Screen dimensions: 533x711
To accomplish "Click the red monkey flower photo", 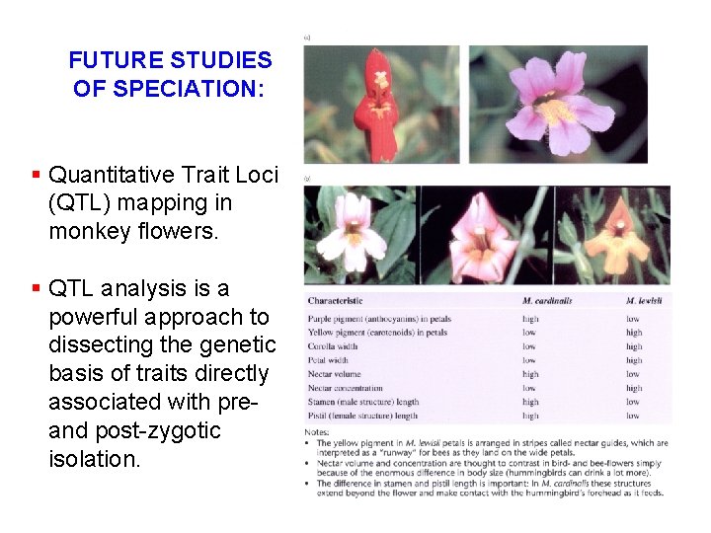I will [379, 103].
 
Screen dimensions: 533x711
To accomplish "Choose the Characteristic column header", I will [335, 301].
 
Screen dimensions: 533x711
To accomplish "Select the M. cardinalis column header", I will [547, 301].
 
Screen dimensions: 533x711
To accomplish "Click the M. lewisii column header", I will [644, 301].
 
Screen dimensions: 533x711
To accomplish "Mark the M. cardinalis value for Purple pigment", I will [530, 319].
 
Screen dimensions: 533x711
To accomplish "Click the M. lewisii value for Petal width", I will [634, 360].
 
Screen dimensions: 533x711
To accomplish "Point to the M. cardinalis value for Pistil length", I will [530, 416].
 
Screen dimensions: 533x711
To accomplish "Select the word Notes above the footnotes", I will [319, 431].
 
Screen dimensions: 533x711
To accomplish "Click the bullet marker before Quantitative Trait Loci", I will [36, 175].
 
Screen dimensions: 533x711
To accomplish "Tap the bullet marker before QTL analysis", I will [36, 288].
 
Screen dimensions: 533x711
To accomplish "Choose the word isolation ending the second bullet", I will [95, 459].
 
